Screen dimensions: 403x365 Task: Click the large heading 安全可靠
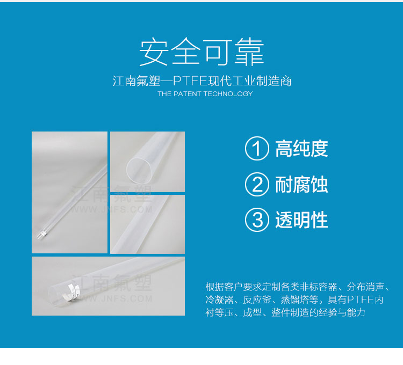[x=201, y=52]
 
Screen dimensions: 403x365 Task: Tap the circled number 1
[x=257, y=148]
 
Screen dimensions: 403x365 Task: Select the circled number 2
[x=257, y=184]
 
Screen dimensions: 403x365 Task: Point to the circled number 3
[x=257, y=220]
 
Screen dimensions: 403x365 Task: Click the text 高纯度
[x=301, y=149]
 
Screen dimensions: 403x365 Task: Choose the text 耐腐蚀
[x=301, y=184]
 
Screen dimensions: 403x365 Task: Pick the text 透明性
[x=301, y=220]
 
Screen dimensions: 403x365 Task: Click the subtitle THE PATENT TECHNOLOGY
[x=205, y=94]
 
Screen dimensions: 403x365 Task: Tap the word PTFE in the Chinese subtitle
[x=190, y=81]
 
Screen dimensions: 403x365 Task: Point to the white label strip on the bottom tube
[x=71, y=292]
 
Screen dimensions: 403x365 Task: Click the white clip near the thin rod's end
[x=42, y=233]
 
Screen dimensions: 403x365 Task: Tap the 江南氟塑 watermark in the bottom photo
[x=112, y=283]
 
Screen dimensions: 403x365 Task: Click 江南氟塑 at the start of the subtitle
[x=136, y=81]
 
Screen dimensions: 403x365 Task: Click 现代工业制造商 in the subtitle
[x=249, y=81]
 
